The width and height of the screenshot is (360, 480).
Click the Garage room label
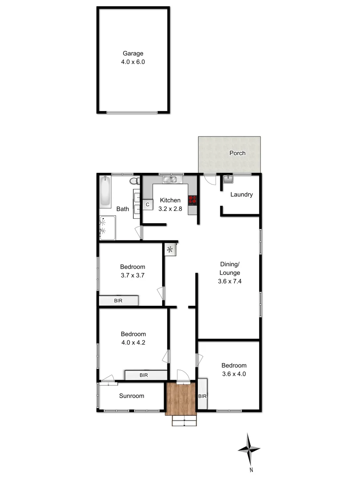tap(133, 54)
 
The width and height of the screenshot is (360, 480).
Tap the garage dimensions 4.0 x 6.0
tap(133, 62)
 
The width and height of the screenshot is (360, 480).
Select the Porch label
tap(237, 153)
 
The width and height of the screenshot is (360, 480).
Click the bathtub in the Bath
tap(105, 192)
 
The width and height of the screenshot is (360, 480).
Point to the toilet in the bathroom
tap(133, 181)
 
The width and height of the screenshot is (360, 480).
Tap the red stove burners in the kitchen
tap(192, 200)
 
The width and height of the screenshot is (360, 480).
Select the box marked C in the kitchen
tap(148, 204)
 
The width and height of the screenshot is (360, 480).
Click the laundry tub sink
tap(228, 180)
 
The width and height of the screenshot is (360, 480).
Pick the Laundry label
tap(242, 195)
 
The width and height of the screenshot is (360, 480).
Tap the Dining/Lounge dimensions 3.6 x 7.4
tap(230, 281)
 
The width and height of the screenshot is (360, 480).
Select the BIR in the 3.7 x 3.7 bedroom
tap(118, 301)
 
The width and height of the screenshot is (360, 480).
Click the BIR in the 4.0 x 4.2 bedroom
tap(144, 376)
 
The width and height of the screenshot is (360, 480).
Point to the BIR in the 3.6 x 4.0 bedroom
tap(202, 396)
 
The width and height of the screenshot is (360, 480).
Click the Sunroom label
tap(131, 396)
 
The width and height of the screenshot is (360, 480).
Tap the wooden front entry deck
tap(181, 399)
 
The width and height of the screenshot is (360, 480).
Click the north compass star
tap(249, 450)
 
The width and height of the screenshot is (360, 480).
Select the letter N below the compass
tap(251, 470)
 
